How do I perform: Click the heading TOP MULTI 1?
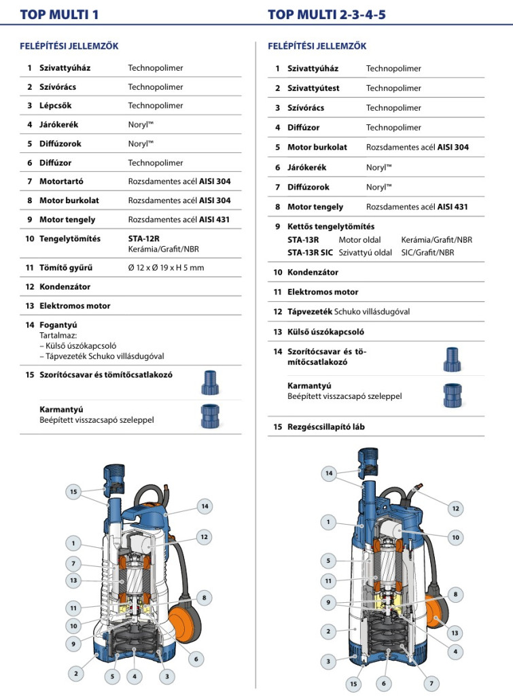pyautogui.click(x=60, y=14)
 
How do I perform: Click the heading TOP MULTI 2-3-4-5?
pyautogui.click(x=327, y=14)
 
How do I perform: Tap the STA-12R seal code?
pyautogui.click(x=143, y=239)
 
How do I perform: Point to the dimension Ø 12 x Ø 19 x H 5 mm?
pyautogui.click(x=166, y=268)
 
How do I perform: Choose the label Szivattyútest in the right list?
pyautogui.click(x=313, y=88)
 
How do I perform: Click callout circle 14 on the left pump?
pyautogui.click(x=205, y=506)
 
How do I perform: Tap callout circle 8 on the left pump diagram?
pyautogui.click(x=204, y=597)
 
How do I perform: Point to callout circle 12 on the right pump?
pyautogui.click(x=455, y=508)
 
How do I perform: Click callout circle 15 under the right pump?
pyautogui.click(x=353, y=684)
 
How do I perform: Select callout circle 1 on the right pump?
pyautogui.click(x=329, y=522)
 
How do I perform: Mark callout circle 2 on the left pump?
pyautogui.click(x=76, y=674)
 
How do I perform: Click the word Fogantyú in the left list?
pyautogui.click(x=58, y=326)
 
